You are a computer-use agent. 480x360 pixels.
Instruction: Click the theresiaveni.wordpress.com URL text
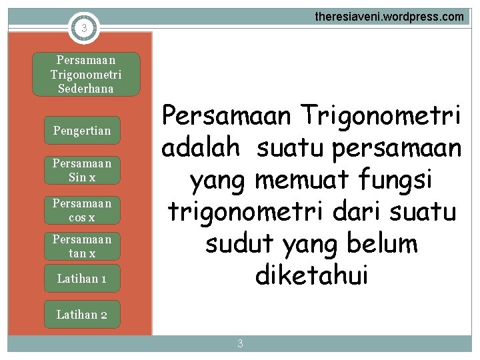[389, 17]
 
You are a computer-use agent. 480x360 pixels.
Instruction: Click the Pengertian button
[82, 131]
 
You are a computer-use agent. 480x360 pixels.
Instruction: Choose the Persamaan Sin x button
[82, 170]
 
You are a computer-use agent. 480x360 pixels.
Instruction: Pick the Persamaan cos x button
[82, 209]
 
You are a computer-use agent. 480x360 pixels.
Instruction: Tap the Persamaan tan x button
[82, 246]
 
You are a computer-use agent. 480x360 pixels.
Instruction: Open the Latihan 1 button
[82, 279]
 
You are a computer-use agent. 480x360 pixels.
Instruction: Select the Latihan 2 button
[82, 314]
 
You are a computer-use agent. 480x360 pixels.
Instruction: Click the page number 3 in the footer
[240, 344]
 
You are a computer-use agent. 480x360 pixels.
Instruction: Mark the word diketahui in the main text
[311, 275]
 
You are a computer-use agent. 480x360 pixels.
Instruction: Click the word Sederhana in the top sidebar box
[86, 88]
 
